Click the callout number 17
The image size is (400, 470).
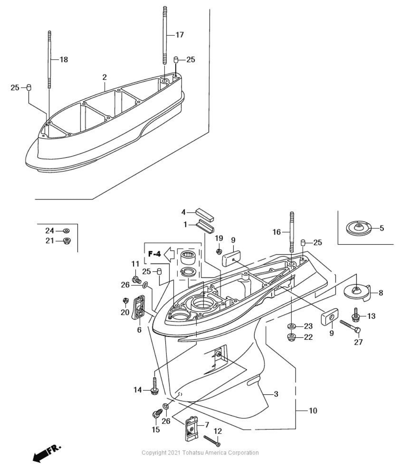[x=179, y=35]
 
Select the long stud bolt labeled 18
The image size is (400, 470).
[x=50, y=60]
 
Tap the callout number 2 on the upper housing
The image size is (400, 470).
[x=104, y=77]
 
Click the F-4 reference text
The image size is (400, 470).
[x=155, y=254]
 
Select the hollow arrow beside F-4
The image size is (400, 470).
[x=169, y=253]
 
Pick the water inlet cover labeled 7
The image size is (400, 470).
[x=191, y=427]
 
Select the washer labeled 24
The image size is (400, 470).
[x=66, y=231]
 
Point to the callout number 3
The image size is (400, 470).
[x=276, y=394]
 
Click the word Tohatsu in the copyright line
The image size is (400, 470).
[x=193, y=453]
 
